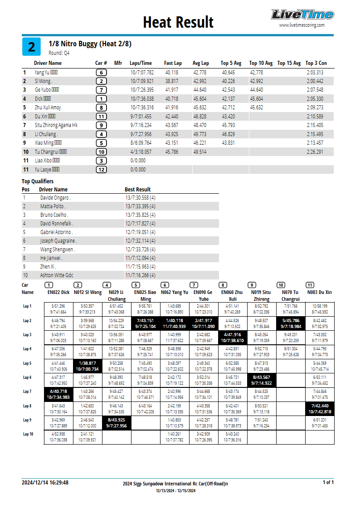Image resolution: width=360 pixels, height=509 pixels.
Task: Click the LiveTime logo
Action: [x=302, y=15]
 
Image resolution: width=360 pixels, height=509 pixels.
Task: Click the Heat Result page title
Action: [x=178, y=22]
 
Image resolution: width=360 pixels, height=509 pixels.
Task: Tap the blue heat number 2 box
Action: [x=31, y=47]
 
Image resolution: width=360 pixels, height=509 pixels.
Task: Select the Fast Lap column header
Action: [x=173, y=63]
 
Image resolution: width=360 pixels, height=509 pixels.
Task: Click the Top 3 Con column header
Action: [x=316, y=63]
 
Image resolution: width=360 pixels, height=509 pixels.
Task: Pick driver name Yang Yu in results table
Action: [x=42, y=73]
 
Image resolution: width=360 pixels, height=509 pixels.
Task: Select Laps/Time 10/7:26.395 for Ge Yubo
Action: [x=142, y=90]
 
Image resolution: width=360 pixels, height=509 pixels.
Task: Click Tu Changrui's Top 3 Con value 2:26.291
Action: [x=315, y=152]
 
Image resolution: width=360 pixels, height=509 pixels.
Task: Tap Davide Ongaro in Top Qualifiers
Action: [x=55, y=198]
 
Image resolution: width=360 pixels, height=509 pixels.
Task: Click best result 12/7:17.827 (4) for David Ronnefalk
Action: [x=140, y=224]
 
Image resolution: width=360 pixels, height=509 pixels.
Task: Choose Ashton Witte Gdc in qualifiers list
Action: [x=57, y=275]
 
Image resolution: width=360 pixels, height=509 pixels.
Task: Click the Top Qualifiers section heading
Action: [x=38, y=181]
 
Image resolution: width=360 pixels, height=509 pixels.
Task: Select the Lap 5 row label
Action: [x=28, y=363]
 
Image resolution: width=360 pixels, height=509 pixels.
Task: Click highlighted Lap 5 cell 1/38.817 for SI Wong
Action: [x=88, y=366]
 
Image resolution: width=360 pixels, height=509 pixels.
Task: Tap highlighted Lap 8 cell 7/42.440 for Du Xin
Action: [x=320, y=409]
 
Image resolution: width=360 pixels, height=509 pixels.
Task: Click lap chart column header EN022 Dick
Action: [x=58, y=293]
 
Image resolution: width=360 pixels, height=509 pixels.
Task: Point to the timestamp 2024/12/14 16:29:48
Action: [x=45, y=483]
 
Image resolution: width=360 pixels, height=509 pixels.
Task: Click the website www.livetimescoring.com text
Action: [x=302, y=25]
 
